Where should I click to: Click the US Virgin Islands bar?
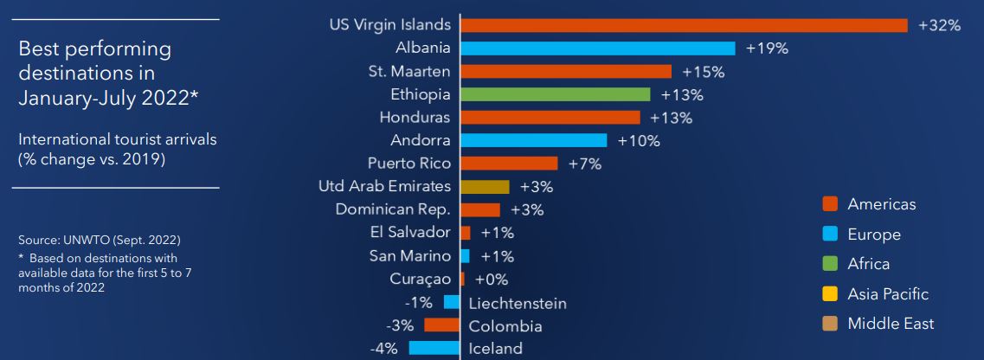[684, 25]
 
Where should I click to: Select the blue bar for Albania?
[598, 48]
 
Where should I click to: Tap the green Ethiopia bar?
[556, 94]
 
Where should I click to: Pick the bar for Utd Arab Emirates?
[485, 186]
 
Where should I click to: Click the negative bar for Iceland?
[434, 349]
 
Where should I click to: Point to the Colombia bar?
[441, 325]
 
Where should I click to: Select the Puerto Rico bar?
[509, 163]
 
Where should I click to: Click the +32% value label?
[939, 25]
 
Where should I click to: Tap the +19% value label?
[767, 48]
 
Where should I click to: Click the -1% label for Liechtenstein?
[418, 303]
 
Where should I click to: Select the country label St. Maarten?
[408, 71]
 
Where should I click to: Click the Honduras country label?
[415, 117]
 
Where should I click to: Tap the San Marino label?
[409, 255]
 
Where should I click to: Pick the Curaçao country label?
[421, 279]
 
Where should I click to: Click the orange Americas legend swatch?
[830, 204]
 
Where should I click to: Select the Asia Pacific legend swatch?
[830, 294]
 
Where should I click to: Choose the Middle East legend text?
[891, 324]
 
